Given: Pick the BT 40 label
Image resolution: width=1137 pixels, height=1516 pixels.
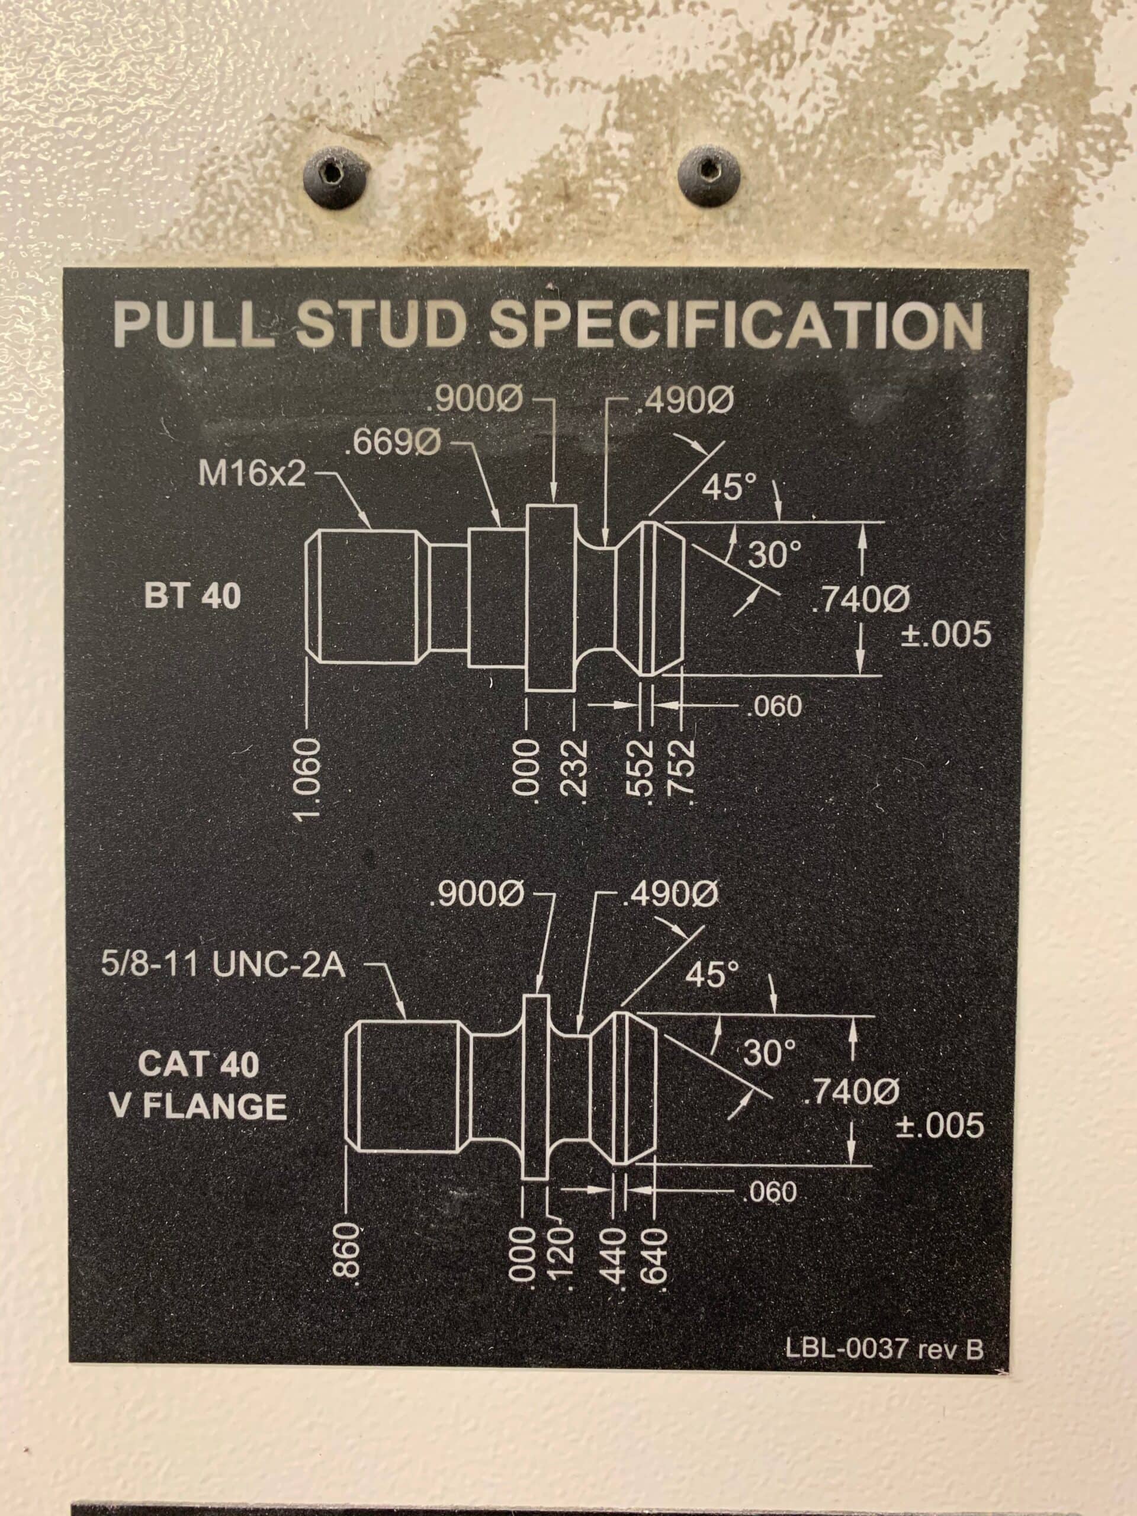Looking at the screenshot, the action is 193,597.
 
